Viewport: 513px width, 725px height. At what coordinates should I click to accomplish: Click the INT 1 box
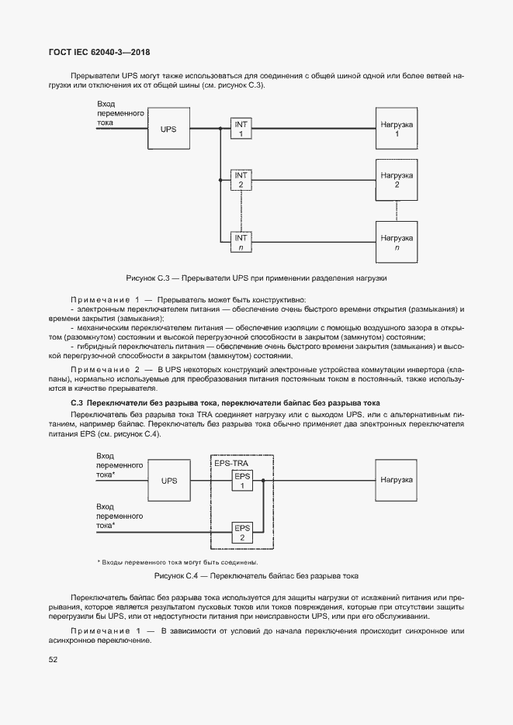[241, 129]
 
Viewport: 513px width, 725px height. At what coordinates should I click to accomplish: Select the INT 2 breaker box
[241, 181]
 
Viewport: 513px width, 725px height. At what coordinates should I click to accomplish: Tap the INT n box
[241, 242]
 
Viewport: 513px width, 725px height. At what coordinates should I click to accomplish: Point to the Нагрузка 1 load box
[397, 129]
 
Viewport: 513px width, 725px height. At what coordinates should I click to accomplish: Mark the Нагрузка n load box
[397, 242]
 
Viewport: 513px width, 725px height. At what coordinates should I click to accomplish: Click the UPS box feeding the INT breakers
[169, 129]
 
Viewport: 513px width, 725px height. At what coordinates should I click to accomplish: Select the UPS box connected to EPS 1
[169, 481]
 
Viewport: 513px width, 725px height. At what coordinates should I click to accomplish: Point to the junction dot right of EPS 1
[264, 481]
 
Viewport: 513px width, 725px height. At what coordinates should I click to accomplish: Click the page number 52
[54, 660]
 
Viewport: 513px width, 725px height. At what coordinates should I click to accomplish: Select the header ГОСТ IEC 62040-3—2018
[100, 53]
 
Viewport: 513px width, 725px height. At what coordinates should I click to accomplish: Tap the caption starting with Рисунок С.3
[256, 278]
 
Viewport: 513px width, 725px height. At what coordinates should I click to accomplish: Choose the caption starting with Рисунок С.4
[256, 576]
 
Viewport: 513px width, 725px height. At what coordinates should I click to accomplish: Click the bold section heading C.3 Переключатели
[225, 403]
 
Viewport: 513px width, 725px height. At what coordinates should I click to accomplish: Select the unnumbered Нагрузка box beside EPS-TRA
[397, 481]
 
